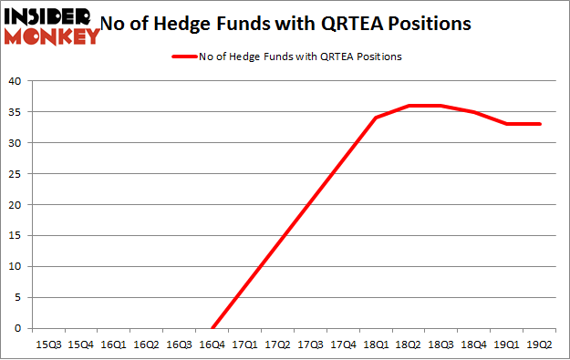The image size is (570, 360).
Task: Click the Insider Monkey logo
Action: coord(51,25)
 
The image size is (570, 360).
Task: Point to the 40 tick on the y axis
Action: coord(15,80)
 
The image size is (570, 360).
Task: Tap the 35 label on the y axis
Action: coord(15,111)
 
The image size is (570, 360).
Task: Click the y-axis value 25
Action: coord(15,173)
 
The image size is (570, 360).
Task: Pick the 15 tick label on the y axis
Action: coord(15,235)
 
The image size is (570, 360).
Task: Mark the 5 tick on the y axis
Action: coord(17,297)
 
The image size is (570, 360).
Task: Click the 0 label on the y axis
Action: coord(17,328)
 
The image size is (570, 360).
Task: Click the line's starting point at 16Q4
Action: coord(213,328)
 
